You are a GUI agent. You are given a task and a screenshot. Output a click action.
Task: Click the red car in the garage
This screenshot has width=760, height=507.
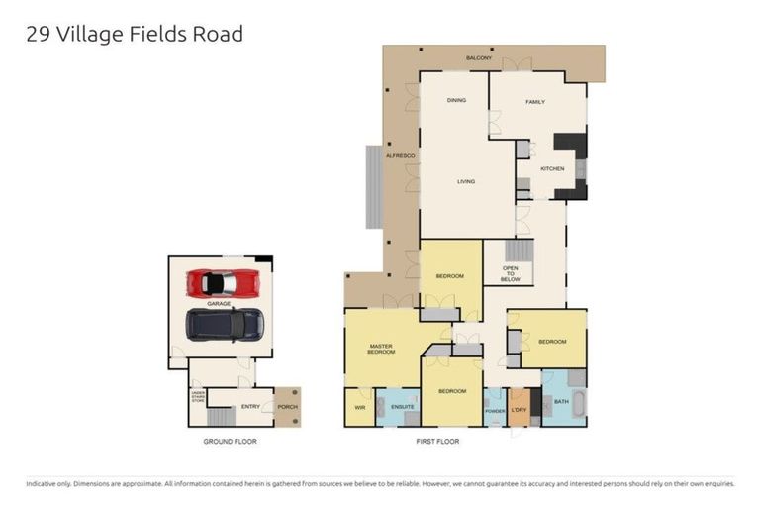224,282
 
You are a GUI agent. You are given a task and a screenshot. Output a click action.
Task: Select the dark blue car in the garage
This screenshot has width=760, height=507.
225,323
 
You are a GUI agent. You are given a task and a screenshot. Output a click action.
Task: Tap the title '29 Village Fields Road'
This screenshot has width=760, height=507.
134,34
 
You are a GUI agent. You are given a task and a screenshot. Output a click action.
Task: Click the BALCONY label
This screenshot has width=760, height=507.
479,59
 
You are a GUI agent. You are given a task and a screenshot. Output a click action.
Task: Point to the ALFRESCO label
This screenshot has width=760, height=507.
399,157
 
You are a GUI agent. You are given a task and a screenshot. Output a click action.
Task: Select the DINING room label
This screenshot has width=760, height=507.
456,100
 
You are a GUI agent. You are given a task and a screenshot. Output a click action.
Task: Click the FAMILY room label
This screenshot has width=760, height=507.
535,101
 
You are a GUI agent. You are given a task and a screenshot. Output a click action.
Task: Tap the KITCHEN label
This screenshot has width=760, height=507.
552,168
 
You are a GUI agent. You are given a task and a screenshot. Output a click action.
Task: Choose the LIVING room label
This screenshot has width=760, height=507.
466,181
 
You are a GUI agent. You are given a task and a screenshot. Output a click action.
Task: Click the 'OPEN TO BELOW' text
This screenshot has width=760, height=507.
511,274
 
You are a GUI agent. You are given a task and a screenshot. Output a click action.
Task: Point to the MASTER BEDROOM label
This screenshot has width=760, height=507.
381,349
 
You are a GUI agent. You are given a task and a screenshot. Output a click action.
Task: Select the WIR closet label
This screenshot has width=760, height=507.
359,406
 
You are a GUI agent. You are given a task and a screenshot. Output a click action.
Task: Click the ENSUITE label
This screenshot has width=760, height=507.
402,406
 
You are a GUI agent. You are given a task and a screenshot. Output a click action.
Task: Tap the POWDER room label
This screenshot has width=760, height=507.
495,409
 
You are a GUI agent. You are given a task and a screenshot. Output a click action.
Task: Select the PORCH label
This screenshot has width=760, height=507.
287,406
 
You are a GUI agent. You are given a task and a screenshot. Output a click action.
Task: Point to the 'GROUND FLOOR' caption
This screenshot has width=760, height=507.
230,441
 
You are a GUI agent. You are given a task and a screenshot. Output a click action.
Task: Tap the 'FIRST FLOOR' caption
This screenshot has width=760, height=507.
438,441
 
